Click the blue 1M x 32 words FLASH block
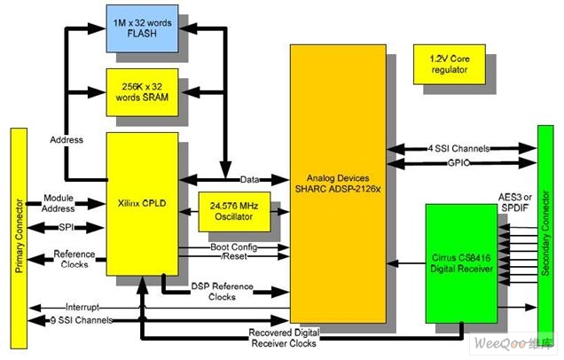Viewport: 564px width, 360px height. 142,28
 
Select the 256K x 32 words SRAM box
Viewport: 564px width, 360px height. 142,92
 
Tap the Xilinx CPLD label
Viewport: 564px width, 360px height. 142,203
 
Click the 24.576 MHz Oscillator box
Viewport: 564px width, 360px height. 234,211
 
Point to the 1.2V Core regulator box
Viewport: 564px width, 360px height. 450,65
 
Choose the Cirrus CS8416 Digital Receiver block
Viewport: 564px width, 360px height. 461,263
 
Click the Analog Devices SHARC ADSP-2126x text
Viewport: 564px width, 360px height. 338,184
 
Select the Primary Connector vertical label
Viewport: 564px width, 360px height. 19,236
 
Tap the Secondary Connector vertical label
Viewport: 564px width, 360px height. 545,233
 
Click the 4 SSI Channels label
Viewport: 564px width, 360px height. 458,148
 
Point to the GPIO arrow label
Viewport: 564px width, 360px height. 458,163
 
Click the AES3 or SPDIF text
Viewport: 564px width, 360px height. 514,202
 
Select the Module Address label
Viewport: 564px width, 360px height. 59,203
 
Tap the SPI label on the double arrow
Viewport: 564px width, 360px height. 67,227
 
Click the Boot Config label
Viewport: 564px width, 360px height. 234,247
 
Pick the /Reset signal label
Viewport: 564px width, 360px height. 234,256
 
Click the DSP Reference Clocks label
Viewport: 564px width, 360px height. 222,292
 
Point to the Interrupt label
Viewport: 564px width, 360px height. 82,307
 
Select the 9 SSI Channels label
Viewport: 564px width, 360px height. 82,320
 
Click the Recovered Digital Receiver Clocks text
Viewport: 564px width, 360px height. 284,338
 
